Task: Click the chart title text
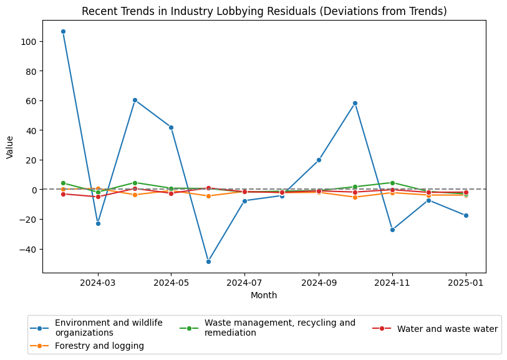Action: (x=264, y=11)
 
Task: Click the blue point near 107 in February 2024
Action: (x=63, y=31)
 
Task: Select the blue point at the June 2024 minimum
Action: (x=208, y=261)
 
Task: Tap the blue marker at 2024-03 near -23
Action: (x=98, y=223)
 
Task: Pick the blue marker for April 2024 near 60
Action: (x=135, y=100)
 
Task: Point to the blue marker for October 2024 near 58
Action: (x=355, y=103)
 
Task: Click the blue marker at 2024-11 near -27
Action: (x=392, y=230)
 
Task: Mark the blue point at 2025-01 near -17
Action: (x=466, y=215)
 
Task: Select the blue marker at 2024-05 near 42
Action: (x=171, y=127)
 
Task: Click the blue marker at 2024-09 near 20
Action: (x=319, y=160)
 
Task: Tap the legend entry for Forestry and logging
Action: (x=99, y=346)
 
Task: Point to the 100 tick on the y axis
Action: (x=29, y=41)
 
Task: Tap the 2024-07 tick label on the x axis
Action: (x=244, y=283)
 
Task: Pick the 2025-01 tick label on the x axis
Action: (x=466, y=283)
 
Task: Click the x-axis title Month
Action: (x=264, y=295)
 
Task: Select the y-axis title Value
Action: (x=9, y=147)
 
